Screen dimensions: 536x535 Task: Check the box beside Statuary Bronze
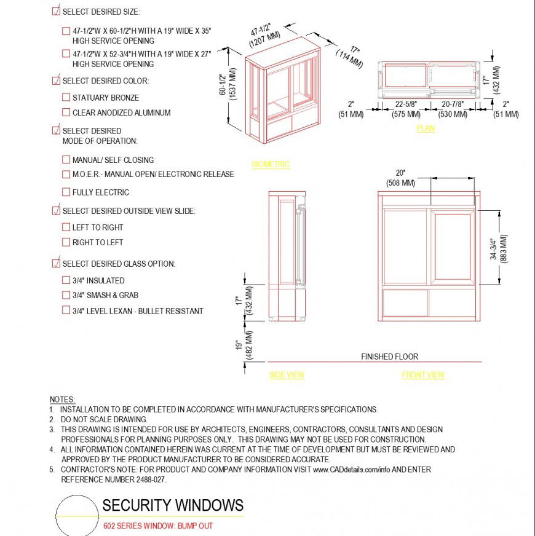click(x=66, y=97)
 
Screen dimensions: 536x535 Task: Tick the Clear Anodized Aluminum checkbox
click(x=66, y=112)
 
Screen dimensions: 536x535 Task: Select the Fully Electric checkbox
click(x=66, y=192)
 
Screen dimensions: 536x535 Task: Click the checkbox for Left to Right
click(x=66, y=227)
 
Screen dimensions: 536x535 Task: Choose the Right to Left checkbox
click(x=66, y=242)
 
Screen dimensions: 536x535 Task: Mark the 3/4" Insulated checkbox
click(x=66, y=280)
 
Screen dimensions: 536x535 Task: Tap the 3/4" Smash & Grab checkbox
click(x=66, y=295)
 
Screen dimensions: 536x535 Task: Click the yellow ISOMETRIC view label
click(x=271, y=164)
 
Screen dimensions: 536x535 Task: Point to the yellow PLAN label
click(x=425, y=128)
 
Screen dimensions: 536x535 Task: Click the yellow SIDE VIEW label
click(x=287, y=375)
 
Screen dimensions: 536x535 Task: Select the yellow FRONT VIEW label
click(x=423, y=375)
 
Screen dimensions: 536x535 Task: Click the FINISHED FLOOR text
click(x=389, y=357)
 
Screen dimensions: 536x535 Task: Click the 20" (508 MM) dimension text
click(x=400, y=178)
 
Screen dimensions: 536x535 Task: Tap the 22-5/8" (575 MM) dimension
click(x=406, y=109)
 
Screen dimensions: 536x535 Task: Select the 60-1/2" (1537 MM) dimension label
click(x=227, y=87)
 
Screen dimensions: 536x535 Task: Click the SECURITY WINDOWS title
click(x=173, y=506)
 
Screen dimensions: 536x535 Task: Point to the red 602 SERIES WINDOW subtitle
click(x=158, y=526)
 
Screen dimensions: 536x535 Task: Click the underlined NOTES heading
click(x=62, y=400)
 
